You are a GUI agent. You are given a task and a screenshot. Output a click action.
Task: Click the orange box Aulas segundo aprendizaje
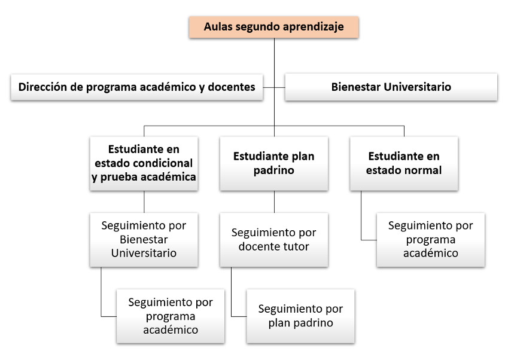click(274, 27)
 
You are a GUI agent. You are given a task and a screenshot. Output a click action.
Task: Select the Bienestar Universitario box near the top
click(391, 87)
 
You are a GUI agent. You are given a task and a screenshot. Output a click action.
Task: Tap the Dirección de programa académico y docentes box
click(137, 87)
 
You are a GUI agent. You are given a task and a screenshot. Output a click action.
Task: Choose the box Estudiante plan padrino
click(274, 163)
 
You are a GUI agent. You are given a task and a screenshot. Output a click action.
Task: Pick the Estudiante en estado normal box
click(404, 163)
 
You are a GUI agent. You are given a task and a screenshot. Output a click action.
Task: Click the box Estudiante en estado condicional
click(144, 163)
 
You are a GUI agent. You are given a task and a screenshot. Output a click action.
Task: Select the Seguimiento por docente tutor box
click(274, 240)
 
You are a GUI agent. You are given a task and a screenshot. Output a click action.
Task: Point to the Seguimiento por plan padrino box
click(300, 316)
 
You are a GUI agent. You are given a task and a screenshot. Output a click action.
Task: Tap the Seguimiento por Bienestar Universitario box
click(144, 240)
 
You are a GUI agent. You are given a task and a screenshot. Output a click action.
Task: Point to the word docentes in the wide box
click(232, 87)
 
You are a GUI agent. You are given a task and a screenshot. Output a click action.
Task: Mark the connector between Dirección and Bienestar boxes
click(274, 87)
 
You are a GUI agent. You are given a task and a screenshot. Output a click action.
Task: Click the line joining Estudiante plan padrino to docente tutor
click(274, 202)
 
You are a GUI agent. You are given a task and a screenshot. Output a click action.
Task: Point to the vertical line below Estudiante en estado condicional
click(144, 202)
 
